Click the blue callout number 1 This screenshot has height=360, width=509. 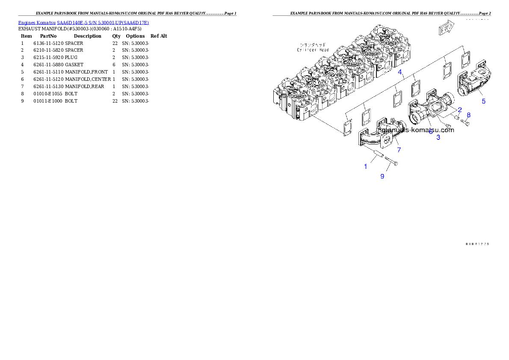click(x=365, y=166)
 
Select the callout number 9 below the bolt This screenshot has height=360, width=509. click(x=382, y=176)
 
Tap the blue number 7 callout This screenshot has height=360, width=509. click(x=399, y=150)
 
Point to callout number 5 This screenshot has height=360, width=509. click(x=484, y=101)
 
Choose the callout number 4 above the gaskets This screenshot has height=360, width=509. click(x=400, y=72)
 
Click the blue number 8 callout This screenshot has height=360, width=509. click(x=468, y=115)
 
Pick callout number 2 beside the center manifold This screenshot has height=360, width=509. click(x=460, y=109)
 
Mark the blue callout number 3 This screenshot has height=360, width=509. click(x=438, y=137)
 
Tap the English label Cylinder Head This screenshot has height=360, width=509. click(x=313, y=50)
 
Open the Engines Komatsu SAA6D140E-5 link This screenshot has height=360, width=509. click(x=83, y=23)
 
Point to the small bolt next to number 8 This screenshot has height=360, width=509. click(x=465, y=124)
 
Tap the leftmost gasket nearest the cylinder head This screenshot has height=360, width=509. click(x=347, y=129)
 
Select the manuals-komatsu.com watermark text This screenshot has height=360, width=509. click(x=417, y=130)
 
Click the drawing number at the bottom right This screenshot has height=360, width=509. click(x=477, y=244)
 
